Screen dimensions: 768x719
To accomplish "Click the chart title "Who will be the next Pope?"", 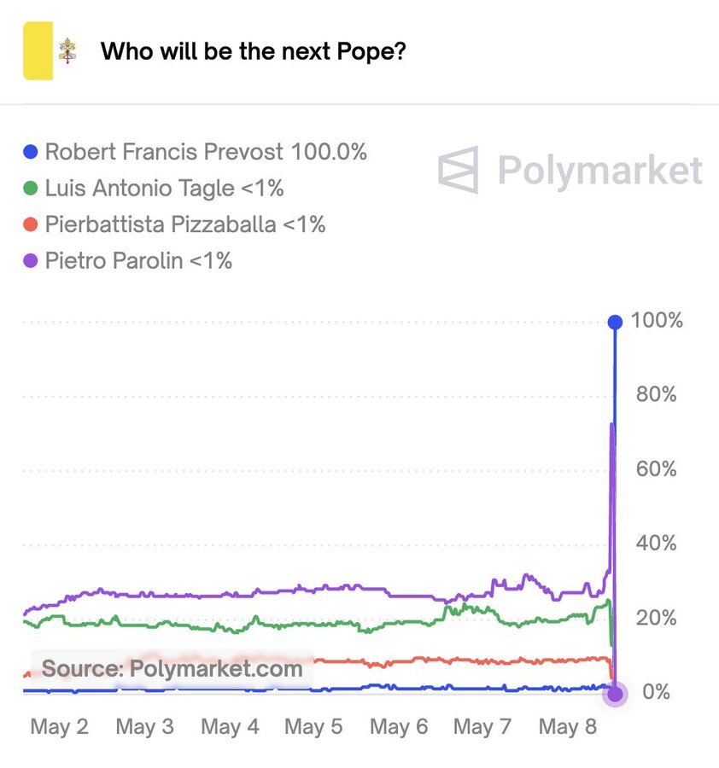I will (253, 51).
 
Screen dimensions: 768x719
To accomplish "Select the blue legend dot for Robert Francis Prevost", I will (32, 152).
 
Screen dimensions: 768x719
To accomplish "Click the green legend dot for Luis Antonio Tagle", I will (32, 188).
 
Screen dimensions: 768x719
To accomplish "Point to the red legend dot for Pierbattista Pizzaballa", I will (32, 224).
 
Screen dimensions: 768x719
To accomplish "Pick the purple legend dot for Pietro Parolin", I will (32, 260).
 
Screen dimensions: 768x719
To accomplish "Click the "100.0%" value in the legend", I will (329, 152).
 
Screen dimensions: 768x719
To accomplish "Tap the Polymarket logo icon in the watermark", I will (459, 170).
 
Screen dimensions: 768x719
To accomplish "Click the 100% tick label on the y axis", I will (657, 321).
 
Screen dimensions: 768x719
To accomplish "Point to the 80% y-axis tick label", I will (657, 395).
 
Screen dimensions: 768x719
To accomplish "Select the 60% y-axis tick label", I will (657, 469).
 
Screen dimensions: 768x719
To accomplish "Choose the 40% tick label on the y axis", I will (657, 544).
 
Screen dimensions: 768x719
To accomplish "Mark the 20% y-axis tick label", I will (657, 618).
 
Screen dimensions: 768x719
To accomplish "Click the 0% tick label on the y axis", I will (656, 692).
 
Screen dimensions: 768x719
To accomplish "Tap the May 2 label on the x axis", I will (59, 727).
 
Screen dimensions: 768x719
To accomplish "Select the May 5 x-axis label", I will (313, 727).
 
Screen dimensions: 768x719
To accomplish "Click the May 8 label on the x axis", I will (567, 727).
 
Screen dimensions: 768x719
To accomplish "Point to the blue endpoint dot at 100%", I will (614, 322).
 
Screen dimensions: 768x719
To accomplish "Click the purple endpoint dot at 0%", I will (614, 693).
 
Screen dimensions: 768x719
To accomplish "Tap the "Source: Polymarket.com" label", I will (172, 668).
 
